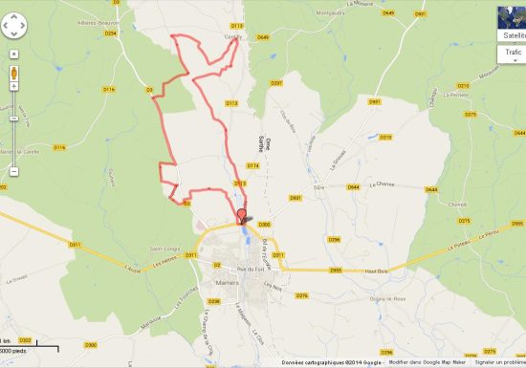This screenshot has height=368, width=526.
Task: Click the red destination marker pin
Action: click(x=241, y=215)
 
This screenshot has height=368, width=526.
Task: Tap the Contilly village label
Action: click(x=232, y=37)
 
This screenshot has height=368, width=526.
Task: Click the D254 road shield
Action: click(x=110, y=33)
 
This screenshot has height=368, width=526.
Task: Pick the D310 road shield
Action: click(x=386, y=138)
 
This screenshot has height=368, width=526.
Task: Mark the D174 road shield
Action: click(x=226, y=165)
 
